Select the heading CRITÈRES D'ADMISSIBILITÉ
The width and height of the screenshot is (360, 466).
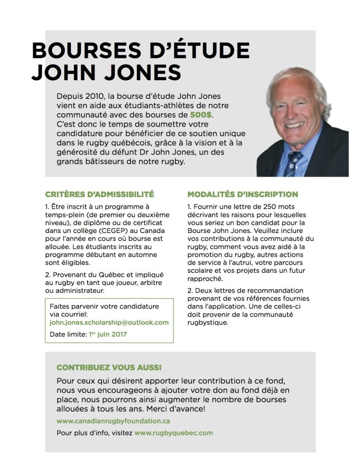click(x=99, y=194)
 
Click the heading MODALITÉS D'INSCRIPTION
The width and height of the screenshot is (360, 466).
click(x=242, y=194)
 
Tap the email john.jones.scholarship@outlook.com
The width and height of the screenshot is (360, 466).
click(x=109, y=322)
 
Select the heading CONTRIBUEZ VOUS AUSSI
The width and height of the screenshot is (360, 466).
click(x=109, y=367)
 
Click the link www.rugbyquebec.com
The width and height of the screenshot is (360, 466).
click(x=173, y=433)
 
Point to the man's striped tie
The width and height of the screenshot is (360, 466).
click(x=293, y=162)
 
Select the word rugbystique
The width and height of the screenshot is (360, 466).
click(x=208, y=323)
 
